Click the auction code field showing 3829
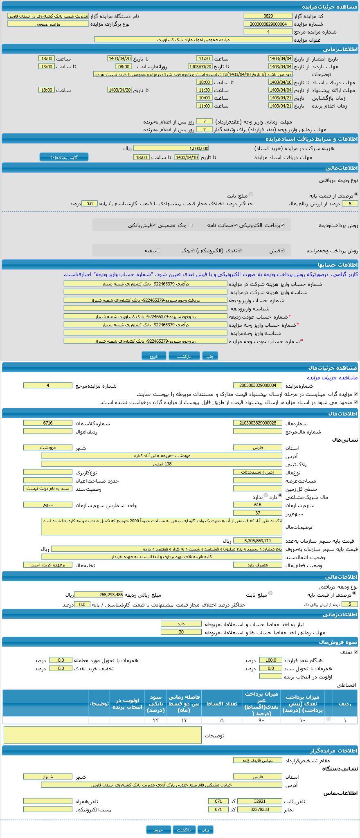(268, 16)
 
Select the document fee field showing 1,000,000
(171, 148)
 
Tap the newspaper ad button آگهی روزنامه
(64, 157)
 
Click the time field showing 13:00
(46, 66)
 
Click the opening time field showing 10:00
(204, 98)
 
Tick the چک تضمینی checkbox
(191, 225)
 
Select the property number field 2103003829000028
(257, 423)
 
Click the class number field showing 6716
(47, 423)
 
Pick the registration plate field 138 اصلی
(161, 464)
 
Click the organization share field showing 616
(257, 505)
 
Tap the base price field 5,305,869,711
(257, 541)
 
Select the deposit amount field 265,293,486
(99, 595)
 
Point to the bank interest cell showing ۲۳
(156, 720)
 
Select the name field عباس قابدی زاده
(257, 760)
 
